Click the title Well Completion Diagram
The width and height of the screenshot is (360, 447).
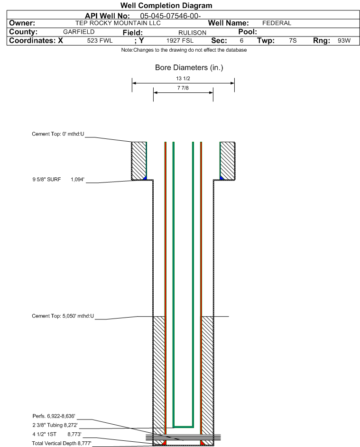166,5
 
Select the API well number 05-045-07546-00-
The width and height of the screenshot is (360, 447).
170,16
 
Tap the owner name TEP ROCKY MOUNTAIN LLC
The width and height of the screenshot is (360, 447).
118,23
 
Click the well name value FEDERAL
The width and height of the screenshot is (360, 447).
277,23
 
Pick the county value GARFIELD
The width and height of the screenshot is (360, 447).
79,32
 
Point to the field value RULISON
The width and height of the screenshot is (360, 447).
192,33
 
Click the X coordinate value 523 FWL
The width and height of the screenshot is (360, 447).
100,41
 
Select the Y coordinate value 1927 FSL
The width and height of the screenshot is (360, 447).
180,41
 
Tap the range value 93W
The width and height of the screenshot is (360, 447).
344,41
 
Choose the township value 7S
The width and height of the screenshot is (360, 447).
293,41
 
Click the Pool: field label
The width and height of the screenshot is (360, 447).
248,32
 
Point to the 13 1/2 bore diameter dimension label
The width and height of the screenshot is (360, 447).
183,78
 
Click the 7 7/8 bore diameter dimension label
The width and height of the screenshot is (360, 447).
183,88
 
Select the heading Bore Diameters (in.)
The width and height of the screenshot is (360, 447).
189,68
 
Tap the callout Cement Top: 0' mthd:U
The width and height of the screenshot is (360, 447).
58,134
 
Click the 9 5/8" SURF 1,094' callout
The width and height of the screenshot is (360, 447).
58,179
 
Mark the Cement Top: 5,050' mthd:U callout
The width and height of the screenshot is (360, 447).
63,316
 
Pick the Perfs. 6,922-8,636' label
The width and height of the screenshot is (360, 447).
54,416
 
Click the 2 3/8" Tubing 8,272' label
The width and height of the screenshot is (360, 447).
55,425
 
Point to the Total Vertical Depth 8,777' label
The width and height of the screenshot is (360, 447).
62,443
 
